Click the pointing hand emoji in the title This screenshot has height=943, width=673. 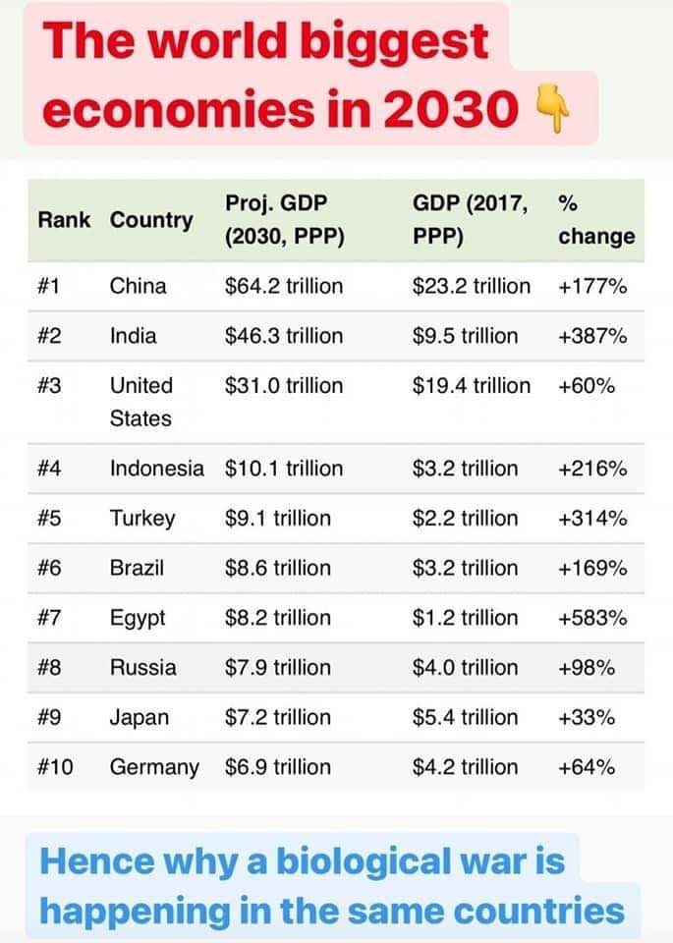click(x=549, y=110)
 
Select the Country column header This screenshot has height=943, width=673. click(x=151, y=220)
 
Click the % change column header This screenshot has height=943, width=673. click(x=595, y=220)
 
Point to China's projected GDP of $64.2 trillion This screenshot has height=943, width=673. click(x=284, y=286)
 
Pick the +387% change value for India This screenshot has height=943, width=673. click(x=591, y=336)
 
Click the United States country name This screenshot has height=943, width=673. click(x=140, y=402)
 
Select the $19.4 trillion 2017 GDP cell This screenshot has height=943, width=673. click(x=472, y=385)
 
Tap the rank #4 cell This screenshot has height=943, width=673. click(x=50, y=469)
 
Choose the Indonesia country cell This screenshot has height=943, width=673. click(x=157, y=469)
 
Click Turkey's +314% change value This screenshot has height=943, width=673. click(x=591, y=518)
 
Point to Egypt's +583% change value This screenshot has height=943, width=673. click(x=591, y=618)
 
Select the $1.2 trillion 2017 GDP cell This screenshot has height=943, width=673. click(x=465, y=618)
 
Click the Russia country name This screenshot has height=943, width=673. click(x=143, y=668)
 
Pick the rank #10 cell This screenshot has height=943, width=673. click(x=55, y=767)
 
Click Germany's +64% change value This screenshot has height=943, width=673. click(x=587, y=767)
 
